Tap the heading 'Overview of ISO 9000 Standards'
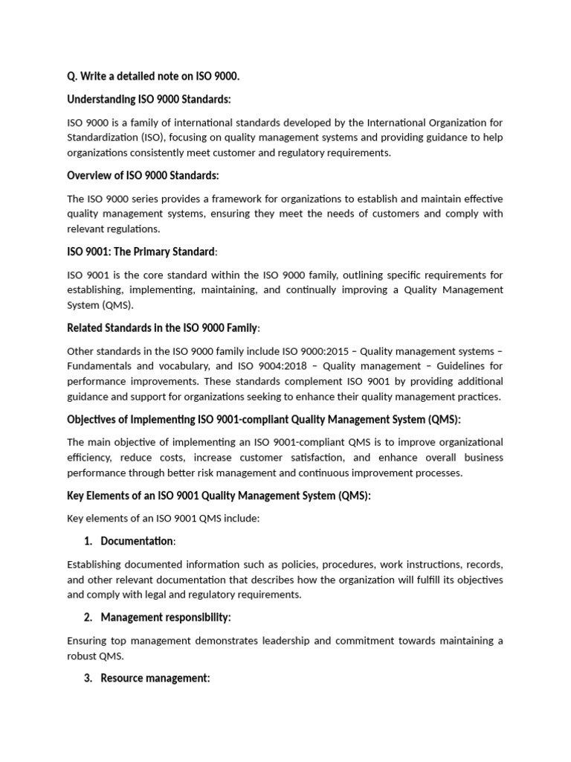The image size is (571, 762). (x=143, y=176)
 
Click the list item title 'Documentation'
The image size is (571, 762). (x=137, y=541)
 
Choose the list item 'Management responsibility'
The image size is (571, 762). (x=165, y=618)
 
